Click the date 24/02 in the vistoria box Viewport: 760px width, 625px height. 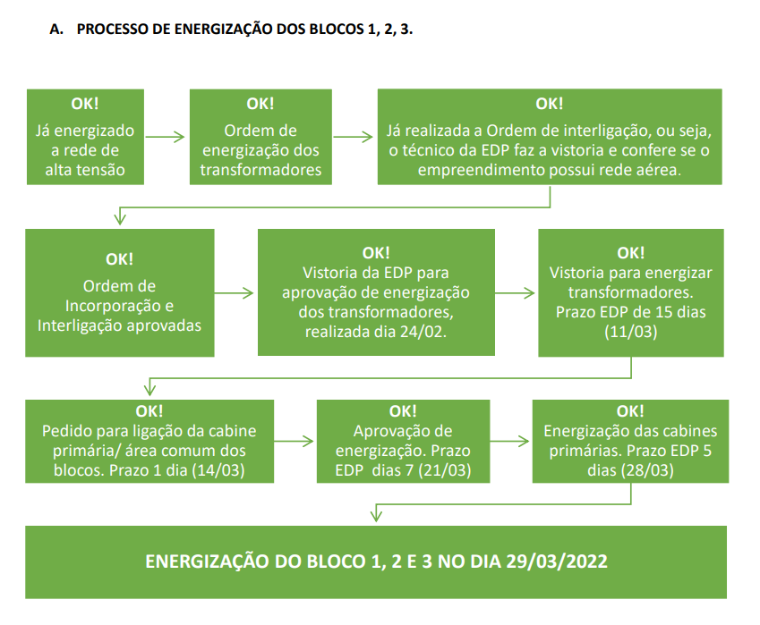[423, 332]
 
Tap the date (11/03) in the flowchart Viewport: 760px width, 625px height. [630, 332]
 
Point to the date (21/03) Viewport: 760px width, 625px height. [445, 470]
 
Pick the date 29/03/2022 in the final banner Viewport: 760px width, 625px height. [557, 562]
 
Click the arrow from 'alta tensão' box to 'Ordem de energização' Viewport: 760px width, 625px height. [166, 137]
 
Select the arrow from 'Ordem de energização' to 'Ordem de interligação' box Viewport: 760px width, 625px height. [354, 137]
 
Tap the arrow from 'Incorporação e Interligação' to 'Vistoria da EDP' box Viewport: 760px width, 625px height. [235, 293]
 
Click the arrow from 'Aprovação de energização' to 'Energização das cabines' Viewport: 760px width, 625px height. [509, 441]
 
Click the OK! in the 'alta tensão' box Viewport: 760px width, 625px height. [85, 104]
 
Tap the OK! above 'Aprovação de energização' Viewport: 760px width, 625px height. [403, 411]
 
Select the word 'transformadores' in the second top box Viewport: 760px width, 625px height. [260, 170]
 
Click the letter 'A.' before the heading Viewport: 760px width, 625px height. [56, 29]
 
